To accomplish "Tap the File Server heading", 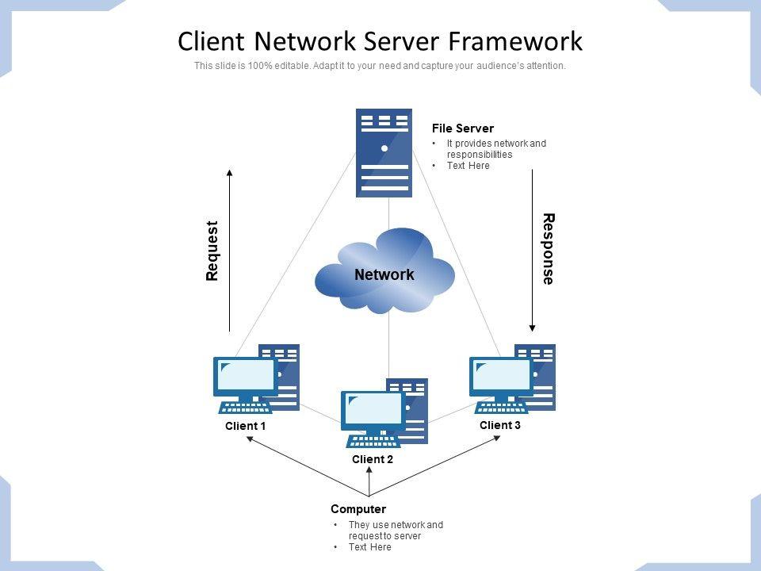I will click(462, 128).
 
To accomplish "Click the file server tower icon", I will click(384, 152).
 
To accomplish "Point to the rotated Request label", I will click(212, 251).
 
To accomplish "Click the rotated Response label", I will click(548, 248).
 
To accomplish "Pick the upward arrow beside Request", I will click(230, 250).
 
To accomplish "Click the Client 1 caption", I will click(245, 426).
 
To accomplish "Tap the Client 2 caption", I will click(373, 459).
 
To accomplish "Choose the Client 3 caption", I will click(500, 425).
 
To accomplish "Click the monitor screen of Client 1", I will click(245, 375).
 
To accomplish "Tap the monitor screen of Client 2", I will click(373, 408).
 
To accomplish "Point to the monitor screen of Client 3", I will click(501, 375).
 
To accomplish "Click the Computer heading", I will click(358, 509).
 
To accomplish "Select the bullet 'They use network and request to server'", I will click(396, 531).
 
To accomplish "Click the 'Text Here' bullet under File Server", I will click(468, 166).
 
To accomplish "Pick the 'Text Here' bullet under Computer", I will click(369, 547).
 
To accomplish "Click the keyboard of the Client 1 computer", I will click(246, 407).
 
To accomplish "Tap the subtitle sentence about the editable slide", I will click(380, 67).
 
